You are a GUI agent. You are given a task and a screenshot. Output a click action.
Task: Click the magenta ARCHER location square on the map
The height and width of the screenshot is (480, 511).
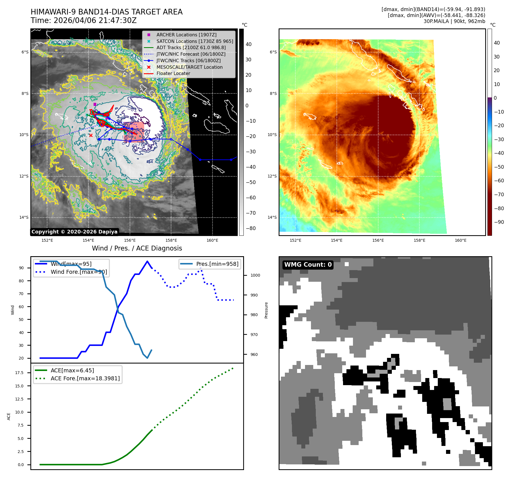click(95, 105)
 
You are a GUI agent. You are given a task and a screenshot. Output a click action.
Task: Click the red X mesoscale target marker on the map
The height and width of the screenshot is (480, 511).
click(91, 135)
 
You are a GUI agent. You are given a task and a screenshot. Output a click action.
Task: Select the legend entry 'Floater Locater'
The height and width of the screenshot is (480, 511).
click(173, 74)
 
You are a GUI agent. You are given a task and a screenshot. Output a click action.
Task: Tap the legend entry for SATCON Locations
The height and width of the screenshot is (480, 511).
click(195, 41)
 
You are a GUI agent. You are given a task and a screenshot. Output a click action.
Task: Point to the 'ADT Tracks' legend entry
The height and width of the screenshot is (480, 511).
click(191, 48)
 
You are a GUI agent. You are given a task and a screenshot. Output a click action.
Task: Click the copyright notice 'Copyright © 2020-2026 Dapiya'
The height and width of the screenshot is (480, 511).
click(74, 232)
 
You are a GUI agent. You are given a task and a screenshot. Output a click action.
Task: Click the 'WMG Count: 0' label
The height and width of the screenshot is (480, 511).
click(308, 265)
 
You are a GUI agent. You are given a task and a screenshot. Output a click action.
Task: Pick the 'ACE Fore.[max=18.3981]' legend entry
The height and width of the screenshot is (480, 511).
click(85, 379)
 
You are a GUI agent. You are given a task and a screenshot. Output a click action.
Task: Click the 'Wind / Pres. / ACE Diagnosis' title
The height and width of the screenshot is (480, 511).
click(137, 249)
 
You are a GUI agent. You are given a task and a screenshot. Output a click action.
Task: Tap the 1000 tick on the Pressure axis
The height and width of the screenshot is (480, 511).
click(255, 276)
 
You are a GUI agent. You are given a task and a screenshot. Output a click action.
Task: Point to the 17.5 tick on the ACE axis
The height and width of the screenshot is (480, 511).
click(19, 373)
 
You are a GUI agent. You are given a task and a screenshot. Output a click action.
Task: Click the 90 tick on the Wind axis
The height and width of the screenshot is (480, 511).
click(21, 268)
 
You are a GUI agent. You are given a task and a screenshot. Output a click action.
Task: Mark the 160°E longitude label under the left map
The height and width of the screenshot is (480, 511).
click(212, 241)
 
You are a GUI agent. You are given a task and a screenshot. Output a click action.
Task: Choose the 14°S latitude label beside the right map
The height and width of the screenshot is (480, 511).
click(272, 218)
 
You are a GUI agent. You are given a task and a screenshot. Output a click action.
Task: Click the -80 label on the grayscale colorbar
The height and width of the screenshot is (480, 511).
click(251, 228)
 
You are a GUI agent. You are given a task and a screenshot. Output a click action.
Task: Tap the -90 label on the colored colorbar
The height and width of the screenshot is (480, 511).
click(499, 222)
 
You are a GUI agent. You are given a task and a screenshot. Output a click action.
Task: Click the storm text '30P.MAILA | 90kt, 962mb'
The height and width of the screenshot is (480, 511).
click(454, 21)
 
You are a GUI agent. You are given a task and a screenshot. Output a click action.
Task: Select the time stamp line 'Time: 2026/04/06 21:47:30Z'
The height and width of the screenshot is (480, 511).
click(84, 21)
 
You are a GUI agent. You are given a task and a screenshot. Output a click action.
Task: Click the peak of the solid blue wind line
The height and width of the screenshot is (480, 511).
click(147, 261)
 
